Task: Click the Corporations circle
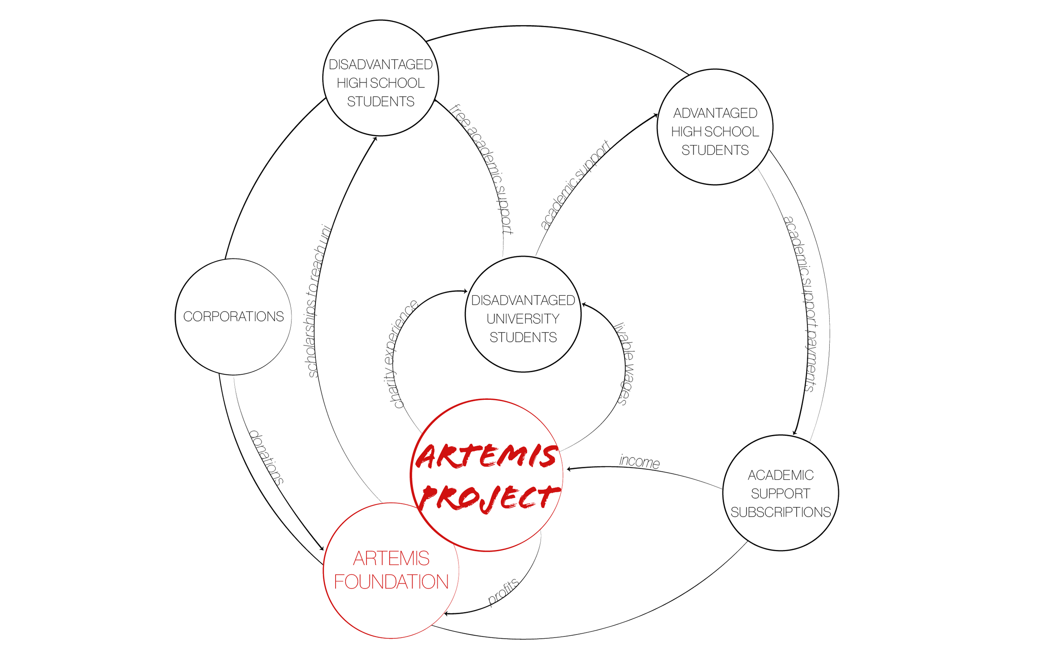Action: coord(233,317)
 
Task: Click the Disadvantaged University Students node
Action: coord(523,314)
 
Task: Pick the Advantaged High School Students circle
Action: coord(715,127)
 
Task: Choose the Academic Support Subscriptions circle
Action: coord(781,493)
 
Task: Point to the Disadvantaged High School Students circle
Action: coord(380,78)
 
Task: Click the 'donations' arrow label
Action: coord(266,458)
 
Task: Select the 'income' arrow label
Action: coord(639,461)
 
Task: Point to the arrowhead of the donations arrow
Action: coord(322,549)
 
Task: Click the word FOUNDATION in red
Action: coord(391,582)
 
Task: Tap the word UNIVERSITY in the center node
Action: coord(523,319)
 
